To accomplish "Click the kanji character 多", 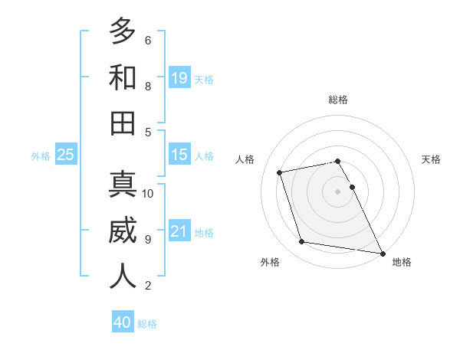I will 123,32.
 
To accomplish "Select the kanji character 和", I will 123,77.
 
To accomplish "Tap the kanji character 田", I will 123,123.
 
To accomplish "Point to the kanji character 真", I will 123,185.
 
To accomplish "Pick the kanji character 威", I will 123,231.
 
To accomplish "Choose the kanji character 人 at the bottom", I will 123,276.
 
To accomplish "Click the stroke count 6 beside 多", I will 147,40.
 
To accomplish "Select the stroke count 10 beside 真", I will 148,193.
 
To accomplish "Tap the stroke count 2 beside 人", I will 147,286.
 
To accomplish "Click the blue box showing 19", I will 179,77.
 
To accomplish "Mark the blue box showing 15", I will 179,155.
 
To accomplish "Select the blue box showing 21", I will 179,231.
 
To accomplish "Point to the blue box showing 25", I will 65,155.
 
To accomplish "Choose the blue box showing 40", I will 123,322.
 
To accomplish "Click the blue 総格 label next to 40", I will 147,324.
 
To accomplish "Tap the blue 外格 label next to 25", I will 41,156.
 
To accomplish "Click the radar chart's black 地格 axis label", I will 402,262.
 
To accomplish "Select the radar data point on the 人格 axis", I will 280,172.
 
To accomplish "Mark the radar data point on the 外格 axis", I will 302,242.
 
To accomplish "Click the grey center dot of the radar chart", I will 337,191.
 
